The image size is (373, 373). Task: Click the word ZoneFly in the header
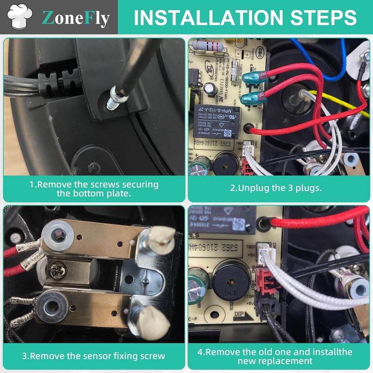(75, 18)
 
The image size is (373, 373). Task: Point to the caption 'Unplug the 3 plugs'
(276, 188)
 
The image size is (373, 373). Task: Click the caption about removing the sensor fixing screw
(94, 356)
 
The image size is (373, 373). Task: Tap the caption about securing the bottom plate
(94, 189)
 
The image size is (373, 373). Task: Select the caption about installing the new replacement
(279, 356)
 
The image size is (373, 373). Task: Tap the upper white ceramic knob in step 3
(162, 240)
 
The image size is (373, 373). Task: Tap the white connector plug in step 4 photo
(265, 254)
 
